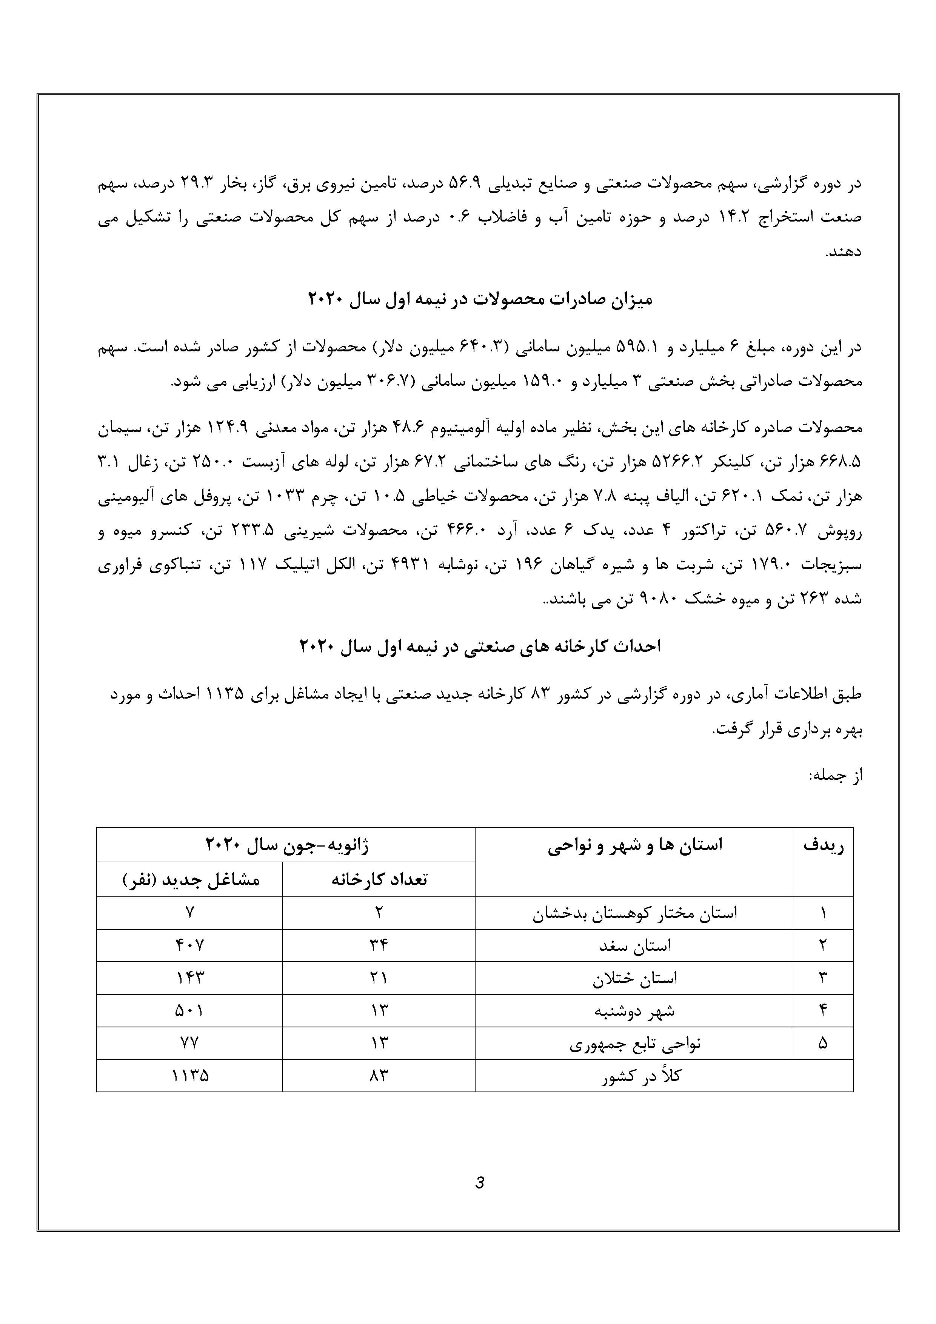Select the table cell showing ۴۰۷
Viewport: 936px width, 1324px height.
[190, 945]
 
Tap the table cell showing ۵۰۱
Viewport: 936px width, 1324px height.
[190, 1010]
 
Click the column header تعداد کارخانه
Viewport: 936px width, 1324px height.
[379, 879]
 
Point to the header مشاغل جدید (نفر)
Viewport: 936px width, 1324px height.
[190, 879]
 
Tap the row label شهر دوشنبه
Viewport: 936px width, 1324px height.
[634, 1011]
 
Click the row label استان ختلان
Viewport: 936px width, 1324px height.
[634, 978]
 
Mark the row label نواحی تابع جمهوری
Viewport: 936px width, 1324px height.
[634, 1044]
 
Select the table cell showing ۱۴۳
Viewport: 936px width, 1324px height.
[190, 978]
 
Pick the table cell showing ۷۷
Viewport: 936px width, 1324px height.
[190, 1043]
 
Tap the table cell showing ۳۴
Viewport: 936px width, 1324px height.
[379, 945]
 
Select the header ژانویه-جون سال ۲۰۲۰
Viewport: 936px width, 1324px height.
[286, 845]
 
